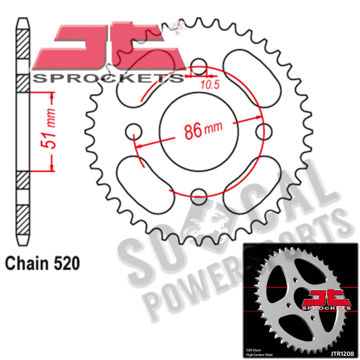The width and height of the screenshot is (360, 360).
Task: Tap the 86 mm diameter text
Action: pos(201,132)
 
